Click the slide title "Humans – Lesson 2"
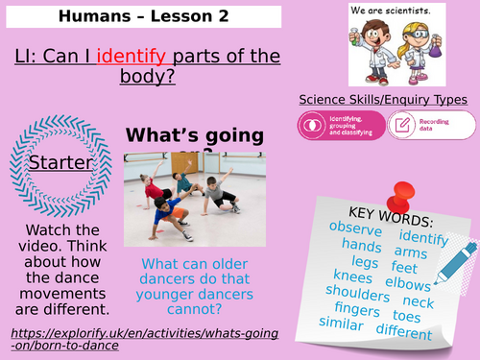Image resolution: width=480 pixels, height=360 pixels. click(143, 16)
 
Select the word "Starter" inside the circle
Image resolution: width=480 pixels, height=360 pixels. click(60, 163)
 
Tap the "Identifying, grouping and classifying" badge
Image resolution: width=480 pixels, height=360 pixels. click(342, 125)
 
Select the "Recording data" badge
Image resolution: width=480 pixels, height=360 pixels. click(431, 125)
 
